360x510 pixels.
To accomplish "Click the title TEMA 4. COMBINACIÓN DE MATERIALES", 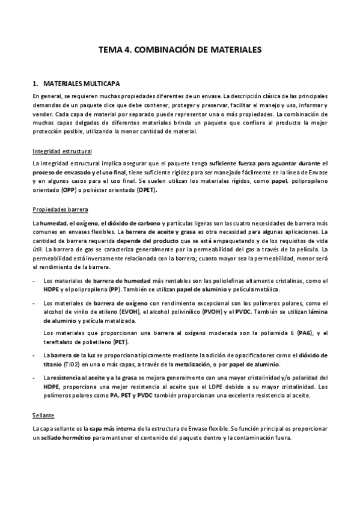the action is pos(180,52).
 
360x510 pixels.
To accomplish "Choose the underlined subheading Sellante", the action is pos(44,415).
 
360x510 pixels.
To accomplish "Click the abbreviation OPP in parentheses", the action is pos(69,191).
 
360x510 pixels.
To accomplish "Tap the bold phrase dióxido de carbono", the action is pos(131,223).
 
